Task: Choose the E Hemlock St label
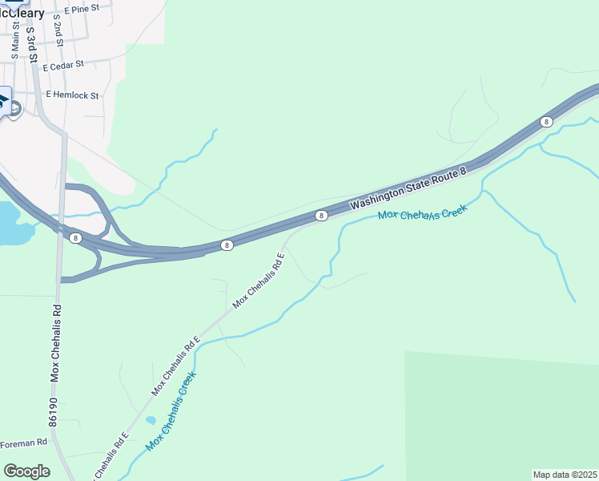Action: [x=72, y=95]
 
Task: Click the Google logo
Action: [x=26, y=471]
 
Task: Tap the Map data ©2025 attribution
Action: [x=565, y=475]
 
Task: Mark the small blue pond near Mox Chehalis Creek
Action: [x=151, y=420]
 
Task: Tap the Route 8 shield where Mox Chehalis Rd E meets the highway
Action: [x=320, y=215]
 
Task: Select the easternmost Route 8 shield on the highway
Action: [x=546, y=122]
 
